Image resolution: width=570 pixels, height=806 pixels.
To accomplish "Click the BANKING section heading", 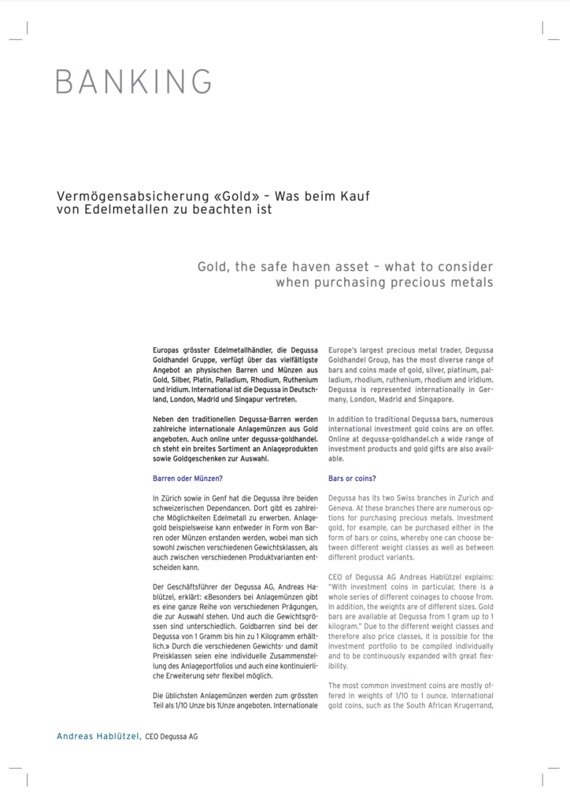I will click(134, 81).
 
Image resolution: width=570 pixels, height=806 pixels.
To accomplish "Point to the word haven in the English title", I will click(332, 268).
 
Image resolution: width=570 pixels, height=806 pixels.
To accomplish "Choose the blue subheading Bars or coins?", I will click(352, 478).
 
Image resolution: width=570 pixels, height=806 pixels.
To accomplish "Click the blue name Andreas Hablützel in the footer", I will click(98, 737).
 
